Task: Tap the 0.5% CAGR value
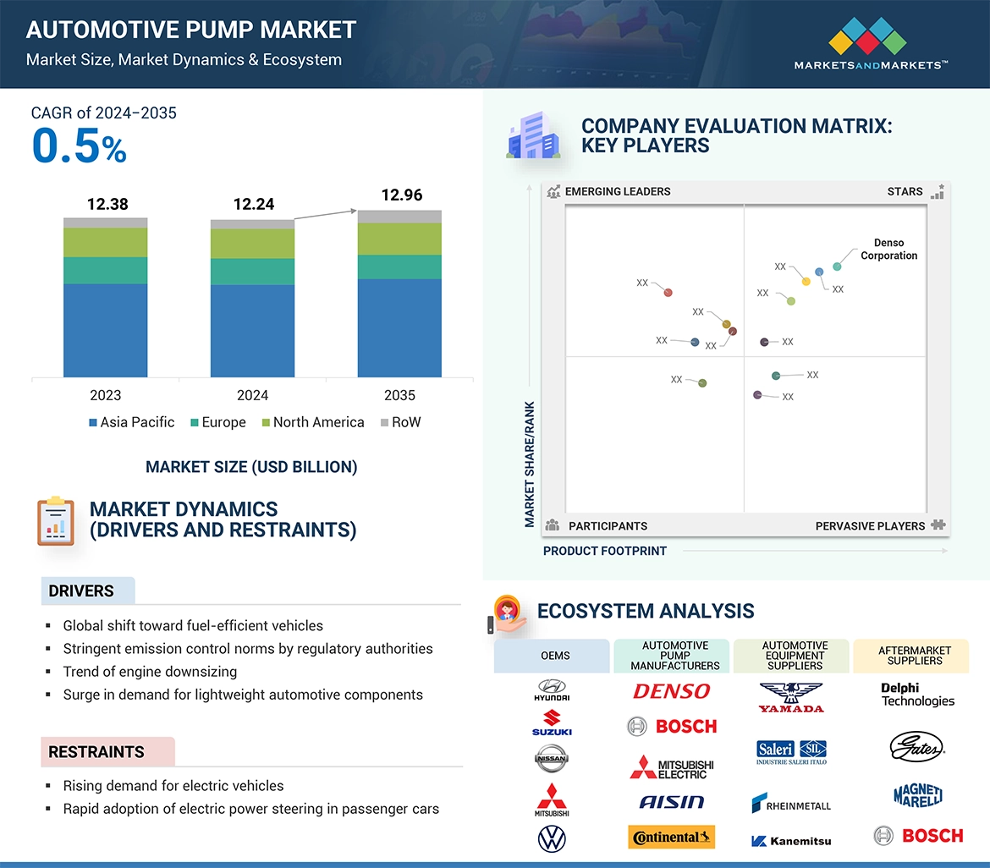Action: [79, 146]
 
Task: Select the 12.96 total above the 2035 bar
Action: [401, 195]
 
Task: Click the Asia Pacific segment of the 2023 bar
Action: [106, 330]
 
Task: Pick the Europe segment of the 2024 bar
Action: [252, 272]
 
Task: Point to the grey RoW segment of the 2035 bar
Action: [399, 217]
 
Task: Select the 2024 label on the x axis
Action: [252, 395]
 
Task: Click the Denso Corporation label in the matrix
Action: [888, 250]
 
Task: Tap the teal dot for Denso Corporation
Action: [837, 266]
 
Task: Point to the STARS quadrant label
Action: [905, 191]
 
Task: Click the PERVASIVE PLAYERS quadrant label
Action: [870, 526]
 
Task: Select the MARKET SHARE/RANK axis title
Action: [530, 464]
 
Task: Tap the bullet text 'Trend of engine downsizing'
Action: [150, 672]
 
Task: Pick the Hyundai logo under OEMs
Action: [552, 690]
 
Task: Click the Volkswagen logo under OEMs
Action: [552, 838]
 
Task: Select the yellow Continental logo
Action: [672, 837]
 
